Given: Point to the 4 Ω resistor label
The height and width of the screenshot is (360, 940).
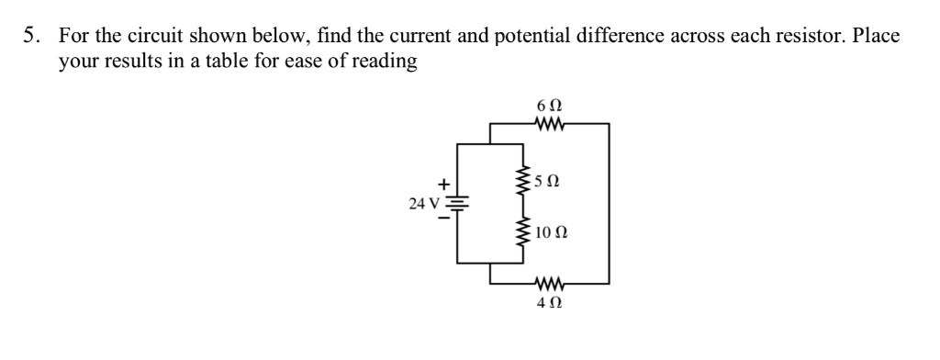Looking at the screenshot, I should tap(547, 300).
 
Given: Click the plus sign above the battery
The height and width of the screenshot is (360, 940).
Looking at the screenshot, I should tap(449, 183).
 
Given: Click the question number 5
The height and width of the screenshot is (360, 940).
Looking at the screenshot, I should tap(31, 36).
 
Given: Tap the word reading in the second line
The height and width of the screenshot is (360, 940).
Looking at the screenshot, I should tap(387, 62).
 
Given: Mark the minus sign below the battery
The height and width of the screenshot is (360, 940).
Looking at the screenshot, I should tap(449, 219).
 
